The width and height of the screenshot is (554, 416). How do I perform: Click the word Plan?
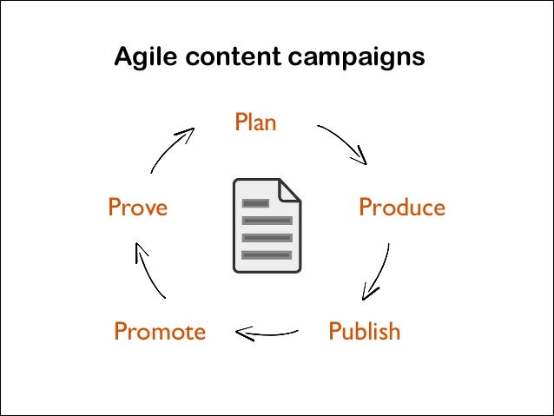[255, 122]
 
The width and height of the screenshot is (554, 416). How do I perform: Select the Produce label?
[401, 208]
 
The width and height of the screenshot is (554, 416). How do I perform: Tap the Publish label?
[364, 331]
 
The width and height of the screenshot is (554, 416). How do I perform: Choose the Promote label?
[160, 332]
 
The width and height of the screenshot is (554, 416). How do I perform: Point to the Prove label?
[137, 208]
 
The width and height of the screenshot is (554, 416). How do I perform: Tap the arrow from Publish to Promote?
[267, 332]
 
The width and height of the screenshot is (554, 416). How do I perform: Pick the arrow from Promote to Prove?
[149, 271]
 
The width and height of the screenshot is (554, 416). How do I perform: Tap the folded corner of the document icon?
[290, 189]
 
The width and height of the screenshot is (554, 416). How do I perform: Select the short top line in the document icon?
[255, 203]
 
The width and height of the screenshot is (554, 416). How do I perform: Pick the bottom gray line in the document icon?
[267, 254]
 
